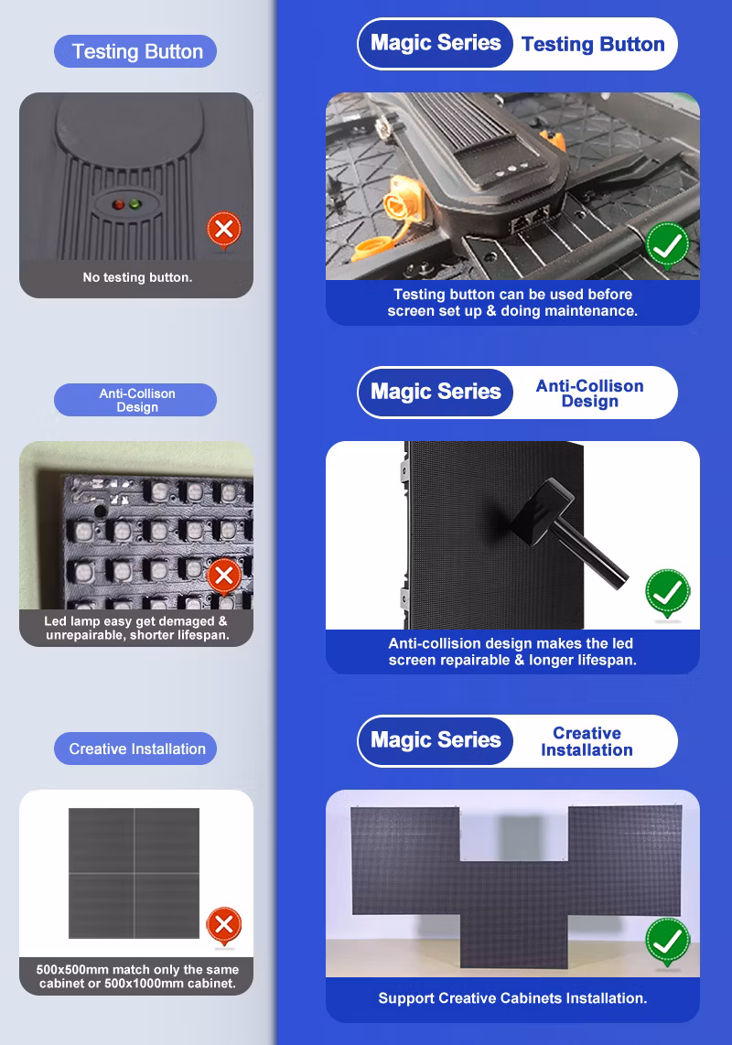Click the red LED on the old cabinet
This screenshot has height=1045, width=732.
(118, 205)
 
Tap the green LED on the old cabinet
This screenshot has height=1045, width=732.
(135, 204)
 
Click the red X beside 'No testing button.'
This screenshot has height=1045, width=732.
(224, 230)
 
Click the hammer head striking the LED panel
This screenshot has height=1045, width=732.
(542, 511)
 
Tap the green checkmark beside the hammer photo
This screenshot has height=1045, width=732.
(667, 593)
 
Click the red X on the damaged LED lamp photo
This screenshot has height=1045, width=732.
(224, 576)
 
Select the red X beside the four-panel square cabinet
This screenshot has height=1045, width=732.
(224, 925)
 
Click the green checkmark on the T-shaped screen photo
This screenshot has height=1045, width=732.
(667, 942)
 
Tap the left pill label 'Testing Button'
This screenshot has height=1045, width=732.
(135, 51)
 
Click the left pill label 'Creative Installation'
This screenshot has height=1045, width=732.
(135, 749)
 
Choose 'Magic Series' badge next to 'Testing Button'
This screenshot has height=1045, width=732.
(436, 43)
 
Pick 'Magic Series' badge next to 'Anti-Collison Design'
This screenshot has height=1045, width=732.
(436, 392)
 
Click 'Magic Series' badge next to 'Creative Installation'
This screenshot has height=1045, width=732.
(436, 740)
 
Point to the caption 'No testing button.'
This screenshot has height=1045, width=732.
(137, 277)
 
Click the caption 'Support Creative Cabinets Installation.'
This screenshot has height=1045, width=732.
(512, 997)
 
